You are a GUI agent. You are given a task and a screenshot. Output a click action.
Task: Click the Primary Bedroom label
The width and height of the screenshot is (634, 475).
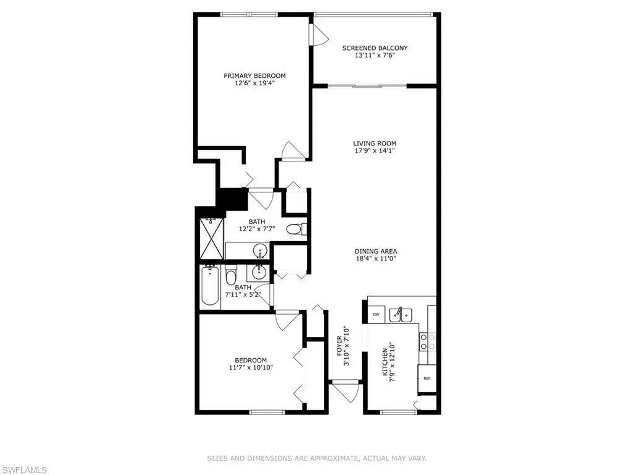254,75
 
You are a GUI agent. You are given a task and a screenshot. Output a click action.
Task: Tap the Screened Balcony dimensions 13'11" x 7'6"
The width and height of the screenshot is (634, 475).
375,55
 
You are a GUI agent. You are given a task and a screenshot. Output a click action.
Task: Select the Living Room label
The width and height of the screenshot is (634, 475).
375,143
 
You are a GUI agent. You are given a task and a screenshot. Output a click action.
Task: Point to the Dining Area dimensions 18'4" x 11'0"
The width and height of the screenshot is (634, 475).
376,259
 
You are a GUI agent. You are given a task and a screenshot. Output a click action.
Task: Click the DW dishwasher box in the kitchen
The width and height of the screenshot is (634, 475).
376,314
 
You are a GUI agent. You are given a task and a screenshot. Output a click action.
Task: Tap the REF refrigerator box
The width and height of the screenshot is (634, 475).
427,378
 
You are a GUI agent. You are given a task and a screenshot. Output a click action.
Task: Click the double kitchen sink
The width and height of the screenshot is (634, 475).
401,315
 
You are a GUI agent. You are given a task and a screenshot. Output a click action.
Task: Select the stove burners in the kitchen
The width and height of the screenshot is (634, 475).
428,341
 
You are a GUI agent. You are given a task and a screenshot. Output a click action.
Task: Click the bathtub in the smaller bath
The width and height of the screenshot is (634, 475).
210,286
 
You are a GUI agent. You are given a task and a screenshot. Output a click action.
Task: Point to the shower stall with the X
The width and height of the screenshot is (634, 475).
212,238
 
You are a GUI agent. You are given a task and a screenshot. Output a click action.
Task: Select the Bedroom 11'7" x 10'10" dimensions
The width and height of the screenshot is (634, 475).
251,367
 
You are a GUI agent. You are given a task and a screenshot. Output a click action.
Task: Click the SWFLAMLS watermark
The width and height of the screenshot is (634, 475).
24,470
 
